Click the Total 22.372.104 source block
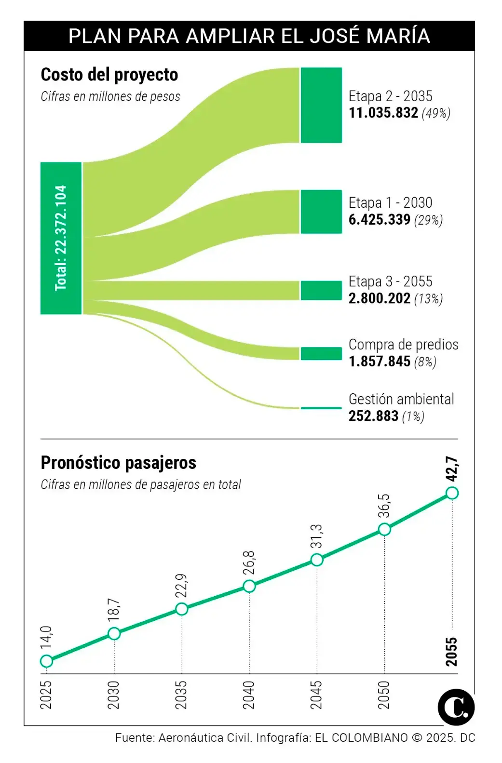pyautogui.click(x=61, y=238)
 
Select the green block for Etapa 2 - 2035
pyautogui.click(x=321, y=105)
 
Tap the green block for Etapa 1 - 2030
pyautogui.click(x=321, y=212)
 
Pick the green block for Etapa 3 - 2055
pyautogui.click(x=321, y=290)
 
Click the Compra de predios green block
pyautogui.click(x=321, y=353)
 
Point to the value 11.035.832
pyautogui.click(x=383, y=113)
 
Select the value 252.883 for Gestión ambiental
pyautogui.click(x=373, y=416)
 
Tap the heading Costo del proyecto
pyautogui.click(x=109, y=75)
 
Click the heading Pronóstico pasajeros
pyautogui.click(x=118, y=463)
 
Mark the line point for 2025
pyautogui.click(x=46, y=661)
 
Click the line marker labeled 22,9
pyautogui.click(x=181, y=609)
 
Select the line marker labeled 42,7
pyautogui.click(x=452, y=493)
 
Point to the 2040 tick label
pyautogui.click(x=249, y=695)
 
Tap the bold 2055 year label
pyautogui.click(x=451, y=652)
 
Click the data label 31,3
pyautogui.click(x=316, y=536)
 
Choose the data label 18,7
pyautogui.click(x=114, y=610)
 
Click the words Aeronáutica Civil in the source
pyautogui.click(x=204, y=737)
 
